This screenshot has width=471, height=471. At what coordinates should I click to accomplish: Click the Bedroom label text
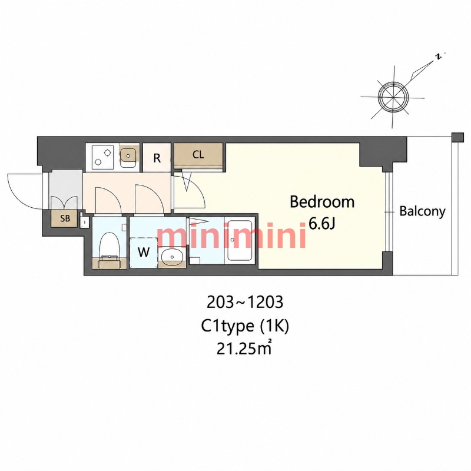coord(322,202)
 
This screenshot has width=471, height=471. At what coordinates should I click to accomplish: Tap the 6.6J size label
coord(322,224)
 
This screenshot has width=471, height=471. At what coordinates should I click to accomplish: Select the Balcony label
coord(422,212)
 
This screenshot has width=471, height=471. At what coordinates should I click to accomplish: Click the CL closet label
coord(198,154)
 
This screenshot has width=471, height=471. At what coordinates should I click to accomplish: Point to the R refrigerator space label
coord(157,158)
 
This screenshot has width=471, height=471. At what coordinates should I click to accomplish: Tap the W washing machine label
coord(144,252)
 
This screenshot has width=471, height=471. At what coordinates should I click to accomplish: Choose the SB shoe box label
coord(65,218)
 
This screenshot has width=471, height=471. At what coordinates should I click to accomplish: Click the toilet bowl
coord(110,245)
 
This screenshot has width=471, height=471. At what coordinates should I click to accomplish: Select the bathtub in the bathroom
coord(240,240)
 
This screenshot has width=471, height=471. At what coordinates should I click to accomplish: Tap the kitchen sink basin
coord(128,156)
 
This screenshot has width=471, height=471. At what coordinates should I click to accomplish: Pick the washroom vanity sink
coord(171,257)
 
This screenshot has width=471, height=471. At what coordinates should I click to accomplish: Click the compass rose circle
coord(393,98)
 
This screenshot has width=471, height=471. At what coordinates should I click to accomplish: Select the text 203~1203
coord(245,303)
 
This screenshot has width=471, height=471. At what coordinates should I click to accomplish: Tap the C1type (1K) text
coord(245,326)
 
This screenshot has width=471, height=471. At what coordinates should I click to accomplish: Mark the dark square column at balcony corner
coord(458,137)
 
